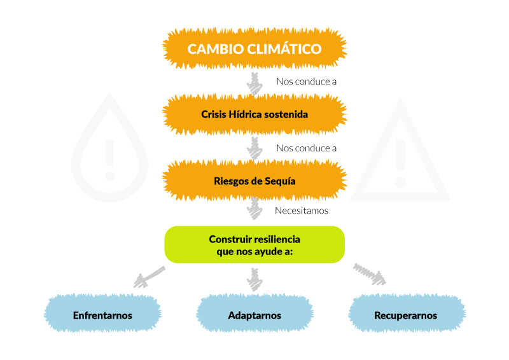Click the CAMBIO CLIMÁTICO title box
click(254, 48)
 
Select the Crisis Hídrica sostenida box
click(254, 115)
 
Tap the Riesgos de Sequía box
click(254, 181)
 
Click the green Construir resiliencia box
click(254, 244)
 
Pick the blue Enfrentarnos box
click(102, 315)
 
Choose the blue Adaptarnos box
click(254, 315)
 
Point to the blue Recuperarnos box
click(406, 315)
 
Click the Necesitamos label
click(302, 211)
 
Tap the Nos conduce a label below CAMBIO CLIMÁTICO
click(306, 81)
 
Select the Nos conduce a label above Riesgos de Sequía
click(306, 148)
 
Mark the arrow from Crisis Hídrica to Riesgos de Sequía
click(254, 148)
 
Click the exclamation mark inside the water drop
click(109, 158)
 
